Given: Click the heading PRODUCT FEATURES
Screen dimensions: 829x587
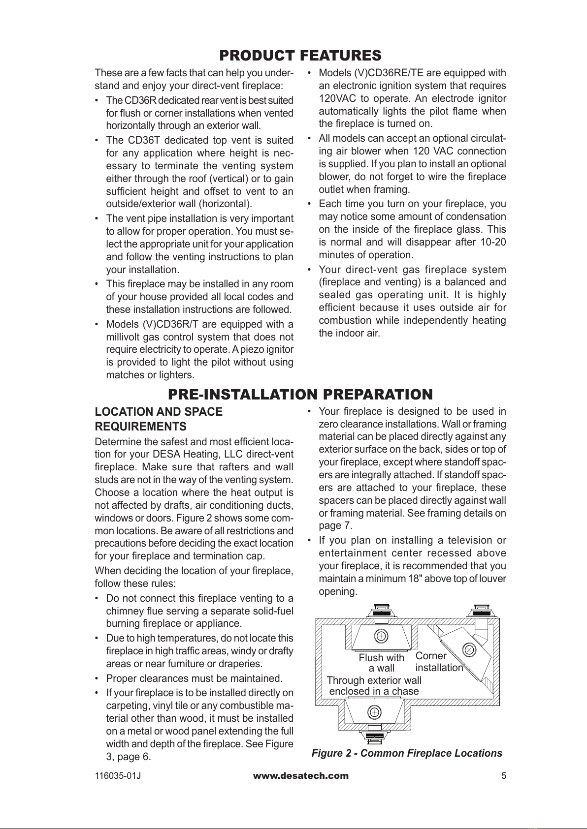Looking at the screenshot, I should point(300,55).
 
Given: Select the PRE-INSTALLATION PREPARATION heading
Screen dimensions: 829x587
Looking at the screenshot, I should point(300,395).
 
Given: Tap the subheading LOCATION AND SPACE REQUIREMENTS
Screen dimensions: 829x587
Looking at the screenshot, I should point(159,419).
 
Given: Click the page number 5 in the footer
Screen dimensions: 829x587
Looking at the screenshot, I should point(503,776).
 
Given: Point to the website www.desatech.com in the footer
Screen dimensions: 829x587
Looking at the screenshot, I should point(300,776).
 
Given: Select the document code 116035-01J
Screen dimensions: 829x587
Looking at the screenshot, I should point(118,776).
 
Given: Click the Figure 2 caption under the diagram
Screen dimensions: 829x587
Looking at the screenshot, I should point(407,753).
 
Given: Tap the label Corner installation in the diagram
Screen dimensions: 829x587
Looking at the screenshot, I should point(438,662).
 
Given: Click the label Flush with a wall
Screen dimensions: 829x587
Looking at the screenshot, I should point(381,663).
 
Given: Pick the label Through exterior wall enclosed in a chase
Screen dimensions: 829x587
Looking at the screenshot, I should point(374,686).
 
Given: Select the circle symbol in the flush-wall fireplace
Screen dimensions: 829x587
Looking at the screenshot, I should point(381,635).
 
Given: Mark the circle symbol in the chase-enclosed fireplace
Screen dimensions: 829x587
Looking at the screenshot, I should point(374,712).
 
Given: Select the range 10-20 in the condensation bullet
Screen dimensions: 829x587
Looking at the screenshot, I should point(493,242).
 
